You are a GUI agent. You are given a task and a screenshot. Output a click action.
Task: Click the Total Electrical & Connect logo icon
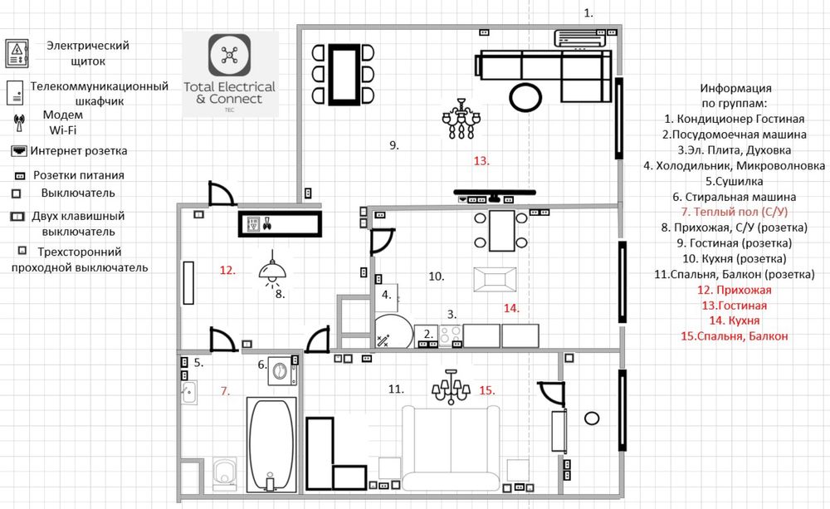229,55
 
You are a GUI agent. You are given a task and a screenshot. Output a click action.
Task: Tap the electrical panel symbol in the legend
17,53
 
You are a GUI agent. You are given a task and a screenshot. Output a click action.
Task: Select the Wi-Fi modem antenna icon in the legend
19,122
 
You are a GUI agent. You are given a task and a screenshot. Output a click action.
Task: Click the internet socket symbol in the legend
19,151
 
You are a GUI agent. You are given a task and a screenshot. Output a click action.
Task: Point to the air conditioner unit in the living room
579,39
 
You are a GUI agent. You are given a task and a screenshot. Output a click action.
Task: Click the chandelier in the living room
461,119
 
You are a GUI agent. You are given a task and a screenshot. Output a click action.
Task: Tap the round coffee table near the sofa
525,97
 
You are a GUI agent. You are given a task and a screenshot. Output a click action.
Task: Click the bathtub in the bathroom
271,445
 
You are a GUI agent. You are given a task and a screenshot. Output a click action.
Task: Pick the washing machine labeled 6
282,370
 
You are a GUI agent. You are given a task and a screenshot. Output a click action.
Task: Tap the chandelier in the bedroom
451,387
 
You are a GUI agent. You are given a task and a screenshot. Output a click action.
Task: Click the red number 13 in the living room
481,160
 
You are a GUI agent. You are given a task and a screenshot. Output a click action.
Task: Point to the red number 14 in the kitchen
510,308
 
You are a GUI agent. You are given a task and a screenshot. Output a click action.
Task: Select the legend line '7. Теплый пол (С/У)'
735,212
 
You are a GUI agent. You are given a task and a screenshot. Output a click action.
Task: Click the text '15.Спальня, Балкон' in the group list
735,335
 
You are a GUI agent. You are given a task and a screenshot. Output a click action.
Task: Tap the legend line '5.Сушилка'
735,181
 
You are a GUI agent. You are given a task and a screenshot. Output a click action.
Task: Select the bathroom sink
188,393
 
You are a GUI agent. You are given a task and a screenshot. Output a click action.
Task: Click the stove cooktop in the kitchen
451,335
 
